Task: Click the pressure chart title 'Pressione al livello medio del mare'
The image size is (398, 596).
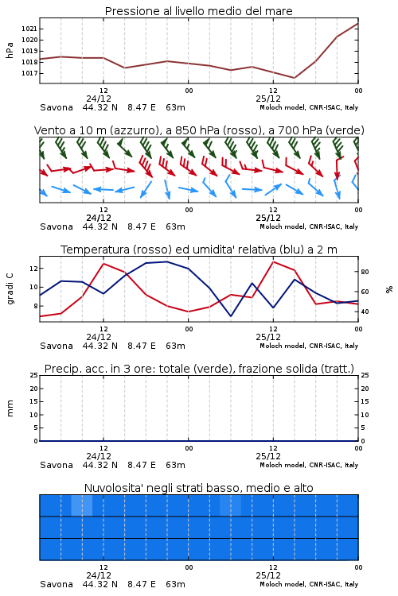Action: click(198, 11)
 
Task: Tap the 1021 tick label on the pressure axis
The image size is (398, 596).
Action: click(29, 29)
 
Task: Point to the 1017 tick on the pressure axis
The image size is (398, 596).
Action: click(29, 73)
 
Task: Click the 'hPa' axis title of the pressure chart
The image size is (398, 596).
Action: click(10, 50)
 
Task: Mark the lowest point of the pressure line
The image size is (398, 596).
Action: click(294, 78)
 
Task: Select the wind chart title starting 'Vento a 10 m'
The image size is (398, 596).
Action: click(199, 130)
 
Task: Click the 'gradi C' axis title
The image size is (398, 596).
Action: click(10, 289)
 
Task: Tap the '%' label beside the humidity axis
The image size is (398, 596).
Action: click(389, 289)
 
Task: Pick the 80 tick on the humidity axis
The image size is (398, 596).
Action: click(365, 272)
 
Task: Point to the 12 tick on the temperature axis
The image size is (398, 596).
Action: click(34, 269)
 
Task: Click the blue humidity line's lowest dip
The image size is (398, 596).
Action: click(230, 315)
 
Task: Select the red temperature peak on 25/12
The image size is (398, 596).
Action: click(273, 261)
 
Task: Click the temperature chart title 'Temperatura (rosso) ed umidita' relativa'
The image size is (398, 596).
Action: click(198, 250)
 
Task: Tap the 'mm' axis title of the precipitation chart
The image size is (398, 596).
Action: click(10, 408)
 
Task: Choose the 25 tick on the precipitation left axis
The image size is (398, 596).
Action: click(34, 375)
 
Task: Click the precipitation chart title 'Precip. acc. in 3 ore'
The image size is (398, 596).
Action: click(199, 369)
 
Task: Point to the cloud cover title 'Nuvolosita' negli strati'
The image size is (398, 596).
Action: click(198, 488)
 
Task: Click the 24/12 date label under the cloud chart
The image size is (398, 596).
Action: click(99, 575)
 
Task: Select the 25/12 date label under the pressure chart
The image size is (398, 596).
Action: click(268, 99)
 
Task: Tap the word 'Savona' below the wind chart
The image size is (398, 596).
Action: click(57, 226)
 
